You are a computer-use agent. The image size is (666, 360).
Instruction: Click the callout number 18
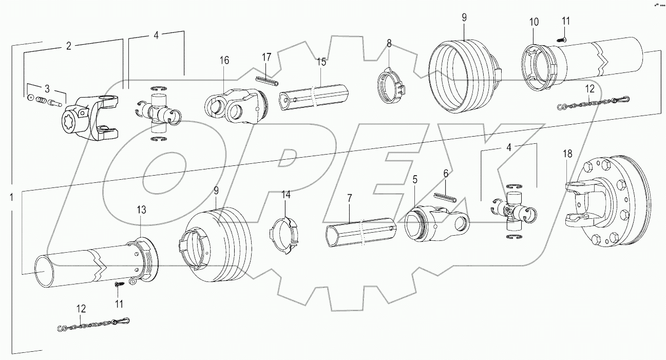click(x=566, y=154)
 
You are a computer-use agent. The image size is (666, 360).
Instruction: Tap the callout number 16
click(x=224, y=60)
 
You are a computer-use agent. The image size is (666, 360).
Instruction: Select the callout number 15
click(x=321, y=62)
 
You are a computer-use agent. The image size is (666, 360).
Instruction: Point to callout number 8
click(x=389, y=44)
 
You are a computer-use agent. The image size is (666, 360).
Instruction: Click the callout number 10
click(x=534, y=22)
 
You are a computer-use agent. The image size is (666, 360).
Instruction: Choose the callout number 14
click(x=286, y=195)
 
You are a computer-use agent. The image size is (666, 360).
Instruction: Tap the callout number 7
click(x=349, y=198)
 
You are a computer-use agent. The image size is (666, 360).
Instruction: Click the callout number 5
click(x=414, y=180)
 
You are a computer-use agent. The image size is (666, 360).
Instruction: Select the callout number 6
click(x=446, y=174)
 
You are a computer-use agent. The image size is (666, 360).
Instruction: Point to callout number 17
click(x=266, y=57)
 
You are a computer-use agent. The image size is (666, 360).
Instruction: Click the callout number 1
click(x=11, y=196)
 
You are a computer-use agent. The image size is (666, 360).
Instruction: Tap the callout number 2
click(x=68, y=46)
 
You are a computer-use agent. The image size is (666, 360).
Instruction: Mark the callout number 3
click(x=47, y=88)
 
